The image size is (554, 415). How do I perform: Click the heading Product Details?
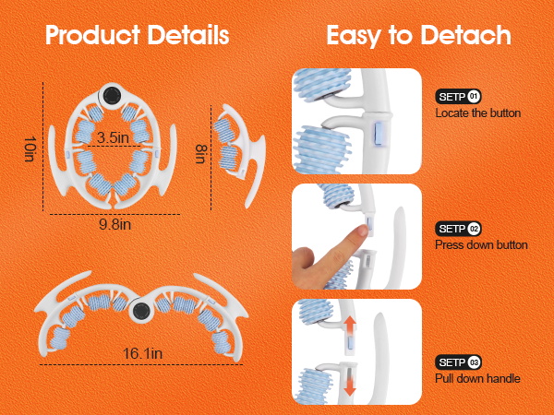[x=138, y=36]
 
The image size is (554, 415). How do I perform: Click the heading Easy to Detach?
[x=418, y=36]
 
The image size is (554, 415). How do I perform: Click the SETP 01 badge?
[x=459, y=96]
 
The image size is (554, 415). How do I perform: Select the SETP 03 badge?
[x=459, y=362]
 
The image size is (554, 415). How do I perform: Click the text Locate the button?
[x=478, y=113]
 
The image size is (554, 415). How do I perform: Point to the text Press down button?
[x=481, y=245]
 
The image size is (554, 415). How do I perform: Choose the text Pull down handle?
[x=477, y=378]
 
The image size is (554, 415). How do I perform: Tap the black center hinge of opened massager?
[x=141, y=311]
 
